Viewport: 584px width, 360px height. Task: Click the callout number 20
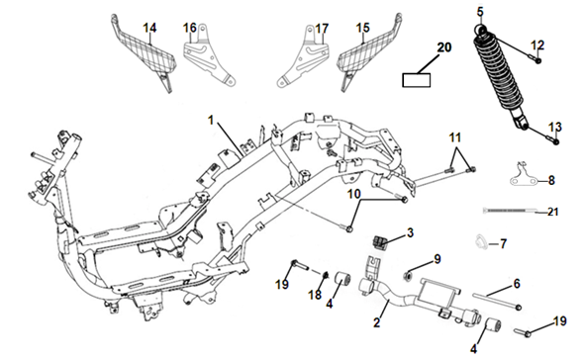(x=444, y=47)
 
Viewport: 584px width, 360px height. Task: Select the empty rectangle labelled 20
(x=417, y=80)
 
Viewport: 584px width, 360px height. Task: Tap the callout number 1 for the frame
(x=211, y=121)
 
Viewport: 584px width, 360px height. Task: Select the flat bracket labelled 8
(x=523, y=176)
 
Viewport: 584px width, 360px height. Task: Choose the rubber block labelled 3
(x=380, y=242)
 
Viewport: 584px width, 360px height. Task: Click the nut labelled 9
(x=408, y=276)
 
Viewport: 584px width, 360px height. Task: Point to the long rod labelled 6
(x=497, y=302)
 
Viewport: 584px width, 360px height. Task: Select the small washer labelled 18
(x=325, y=275)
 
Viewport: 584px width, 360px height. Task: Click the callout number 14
(x=149, y=28)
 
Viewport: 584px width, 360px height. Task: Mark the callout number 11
(x=454, y=137)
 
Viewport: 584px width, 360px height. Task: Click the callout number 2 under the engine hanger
(x=377, y=322)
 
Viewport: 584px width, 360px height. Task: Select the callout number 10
(x=354, y=194)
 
